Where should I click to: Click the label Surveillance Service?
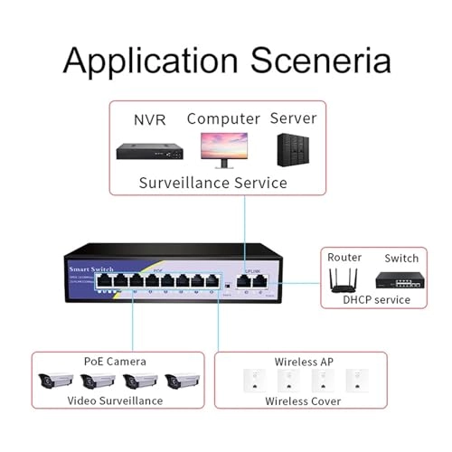pyautogui.click(x=212, y=183)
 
